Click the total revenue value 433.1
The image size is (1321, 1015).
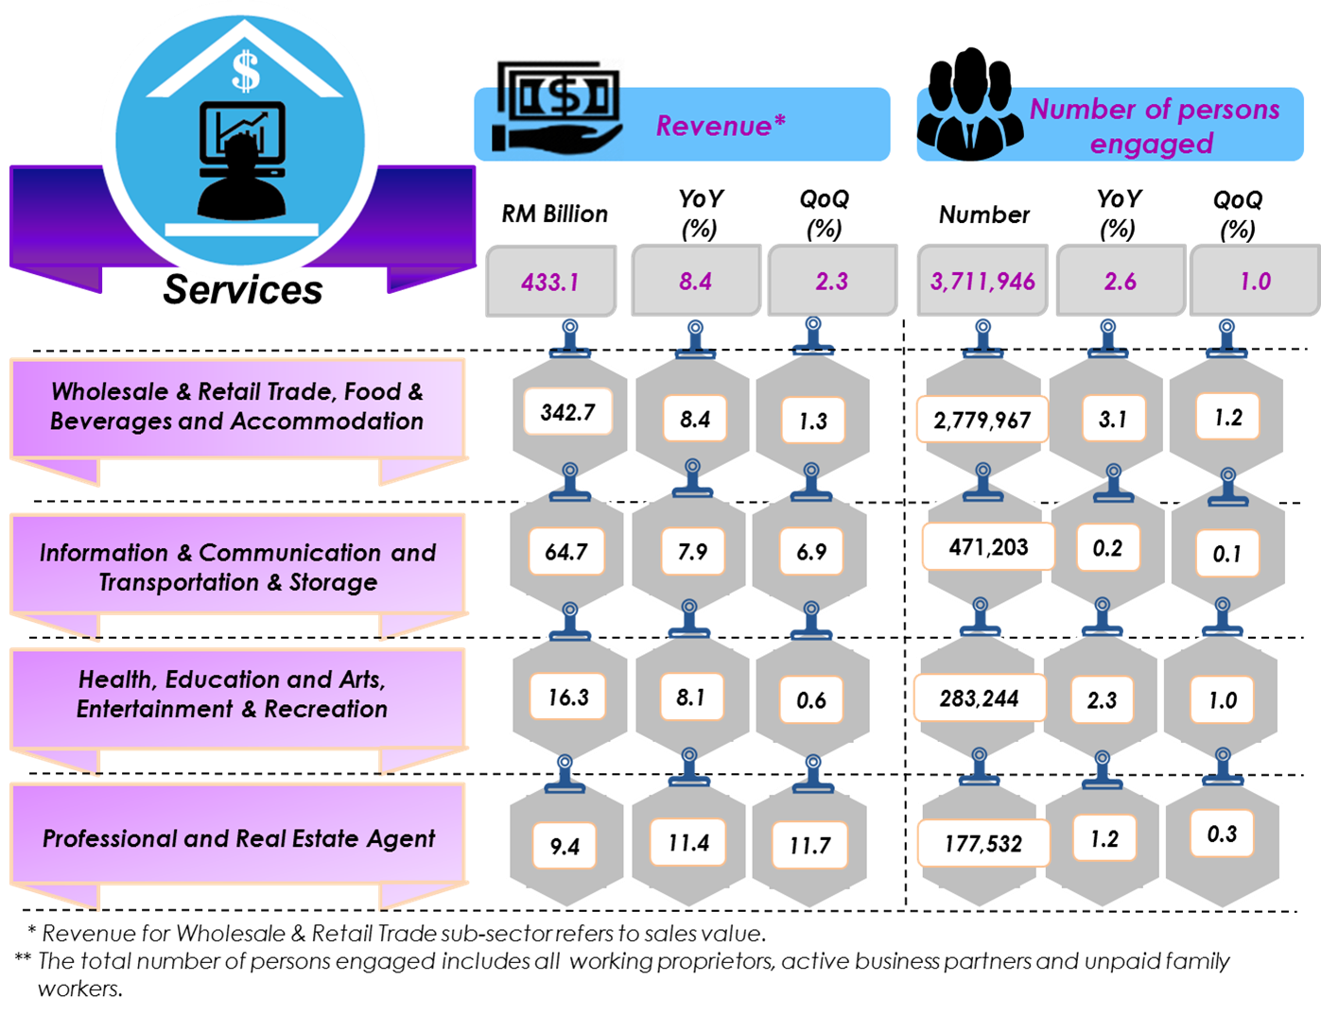pos(549,282)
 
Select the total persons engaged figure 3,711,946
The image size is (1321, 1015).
pos(982,282)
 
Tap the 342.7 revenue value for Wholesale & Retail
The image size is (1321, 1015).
pos(568,412)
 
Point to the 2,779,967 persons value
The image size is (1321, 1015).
pos(982,420)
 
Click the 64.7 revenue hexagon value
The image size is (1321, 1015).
pos(566,551)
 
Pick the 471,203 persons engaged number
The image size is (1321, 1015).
pos(988,547)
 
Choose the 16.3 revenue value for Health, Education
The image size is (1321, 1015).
pos(568,697)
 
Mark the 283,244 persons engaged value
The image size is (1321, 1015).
pos(980,699)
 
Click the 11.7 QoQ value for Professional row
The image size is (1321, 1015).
pos(810,845)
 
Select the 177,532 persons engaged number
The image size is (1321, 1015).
pos(983,843)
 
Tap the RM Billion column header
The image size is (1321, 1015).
pos(554,215)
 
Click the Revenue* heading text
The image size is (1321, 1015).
pos(721,126)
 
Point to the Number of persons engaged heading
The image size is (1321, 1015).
pos(1154,126)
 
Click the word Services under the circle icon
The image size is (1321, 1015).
pos(243,290)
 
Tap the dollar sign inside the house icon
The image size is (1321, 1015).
pos(245,71)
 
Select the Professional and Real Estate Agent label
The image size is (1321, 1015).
pos(238,838)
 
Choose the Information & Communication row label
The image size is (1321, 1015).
pos(237,567)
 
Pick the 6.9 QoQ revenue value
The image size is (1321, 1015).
pos(811,552)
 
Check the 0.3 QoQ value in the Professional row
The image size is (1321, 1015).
pos(1222,834)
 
